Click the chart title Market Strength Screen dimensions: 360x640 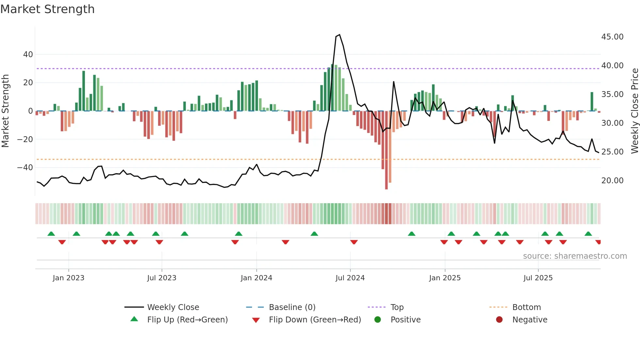pyautogui.click(x=48, y=9)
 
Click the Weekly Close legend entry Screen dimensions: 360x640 pyautogui.click(x=173, y=307)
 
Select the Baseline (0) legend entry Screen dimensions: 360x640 pyautogui.click(x=292, y=307)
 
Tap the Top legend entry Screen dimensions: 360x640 pyautogui.click(x=397, y=307)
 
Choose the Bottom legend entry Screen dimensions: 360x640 pyautogui.click(x=526, y=307)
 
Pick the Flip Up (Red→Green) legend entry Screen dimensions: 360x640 pyautogui.click(x=187, y=319)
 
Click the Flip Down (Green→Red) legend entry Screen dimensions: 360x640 pyautogui.click(x=315, y=319)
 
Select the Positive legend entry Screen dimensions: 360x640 pyautogui.click(x=405, y=319)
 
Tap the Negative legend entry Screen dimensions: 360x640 pyautogui.click(x=530, y=319)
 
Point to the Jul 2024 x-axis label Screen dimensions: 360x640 pyautogui.click(x=350, y=278)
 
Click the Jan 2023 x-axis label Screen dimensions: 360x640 pyautogui.click(x=69, y=278)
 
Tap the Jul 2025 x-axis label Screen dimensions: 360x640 pyautogui.click(x=538, y=278)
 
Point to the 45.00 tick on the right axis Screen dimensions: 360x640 pyautogui.click(x=612, y=37)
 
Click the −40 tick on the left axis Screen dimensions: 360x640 pyautogui.click(x=25, y=168)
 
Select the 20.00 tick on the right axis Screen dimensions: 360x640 pyautogui.click(x=612, y=180)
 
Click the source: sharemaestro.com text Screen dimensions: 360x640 pyautogui.click(x=575, y=256)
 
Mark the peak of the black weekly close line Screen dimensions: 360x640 pyautogui.click(x=340, y=35)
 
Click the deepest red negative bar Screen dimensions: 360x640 pyautogui.click(x=386, y=150)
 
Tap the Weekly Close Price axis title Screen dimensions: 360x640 pyautogui.click(x=634, y=111)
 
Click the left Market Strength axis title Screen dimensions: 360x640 pyautogui.click(x=6, y=111)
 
